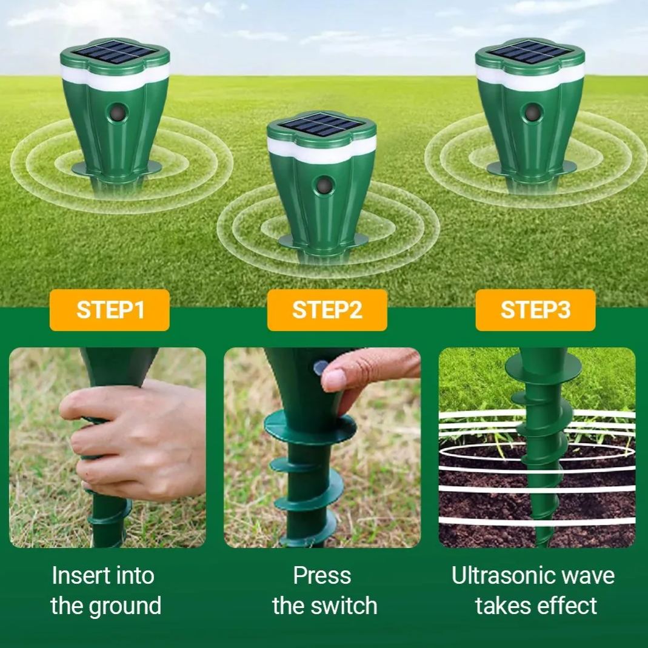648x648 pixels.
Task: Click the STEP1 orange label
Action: click(x=110, y=310)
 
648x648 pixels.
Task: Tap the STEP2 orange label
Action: click(x=327, y=310)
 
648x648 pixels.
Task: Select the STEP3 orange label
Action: click(x=535, y=310)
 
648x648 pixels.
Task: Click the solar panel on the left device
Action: click(x=115, y=53)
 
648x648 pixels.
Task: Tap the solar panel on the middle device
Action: click(x=321, y=125)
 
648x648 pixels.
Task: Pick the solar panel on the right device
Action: click(x=530, y=53)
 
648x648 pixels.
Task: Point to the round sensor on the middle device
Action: click(x=325, y=184)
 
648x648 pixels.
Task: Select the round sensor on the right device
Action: click(x=533, y=112)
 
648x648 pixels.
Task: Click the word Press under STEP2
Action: click(x=322, y=575)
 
